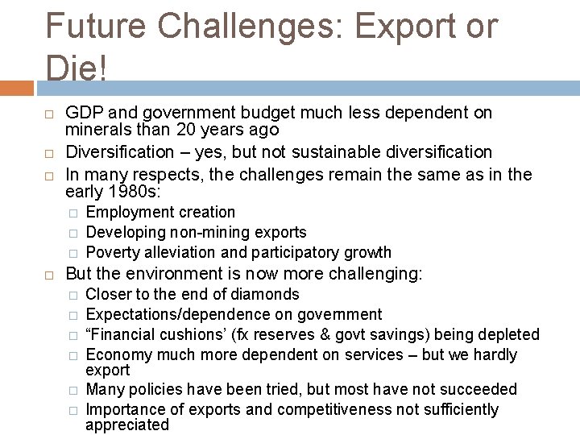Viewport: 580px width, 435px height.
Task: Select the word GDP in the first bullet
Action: [82, 113]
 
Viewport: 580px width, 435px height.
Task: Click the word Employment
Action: [126, 213]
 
